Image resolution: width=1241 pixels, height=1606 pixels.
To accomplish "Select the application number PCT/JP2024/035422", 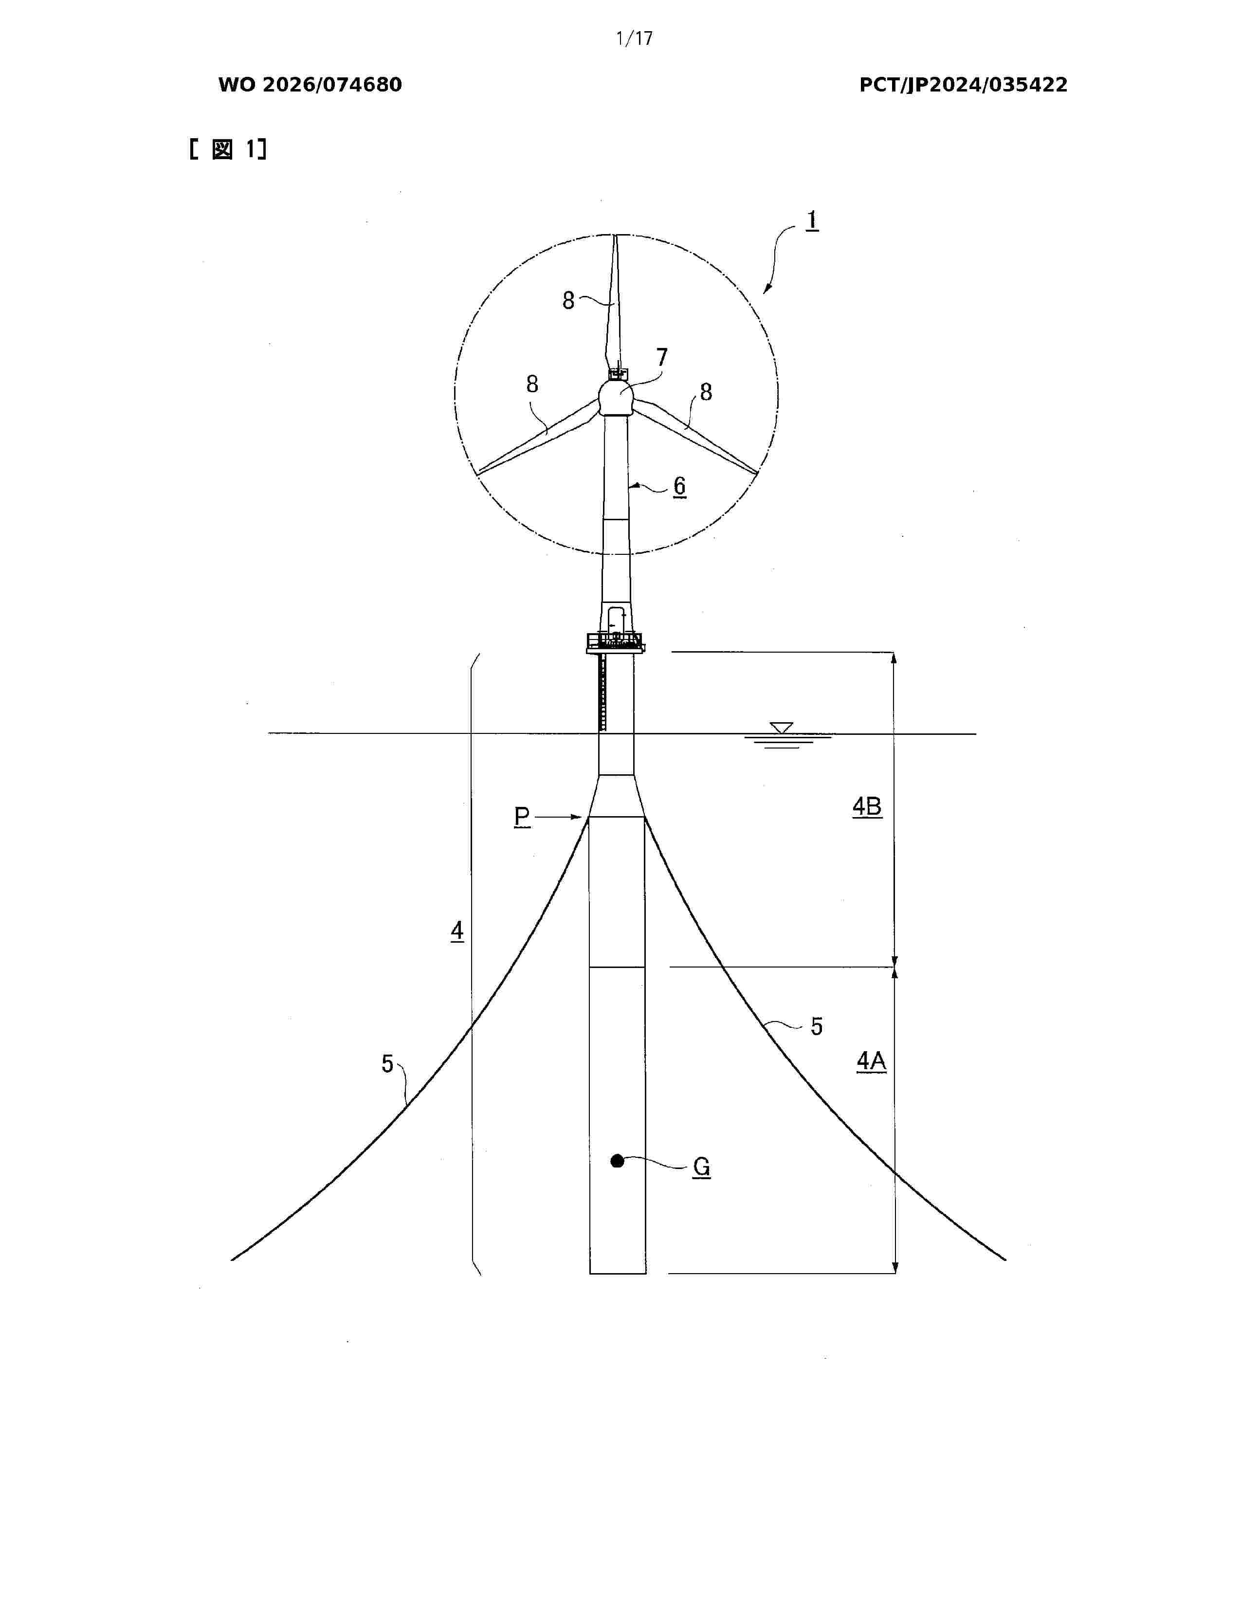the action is [963, 85].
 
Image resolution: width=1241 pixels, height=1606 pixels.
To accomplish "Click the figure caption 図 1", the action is [228, 149].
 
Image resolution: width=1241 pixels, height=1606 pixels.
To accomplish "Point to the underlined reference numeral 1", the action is [812, 220].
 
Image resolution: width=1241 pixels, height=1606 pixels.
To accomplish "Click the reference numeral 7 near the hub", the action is [662, 357].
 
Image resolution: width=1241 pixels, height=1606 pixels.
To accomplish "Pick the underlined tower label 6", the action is [679, 486].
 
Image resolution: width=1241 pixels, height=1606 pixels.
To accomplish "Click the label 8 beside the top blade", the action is [568, 300].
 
